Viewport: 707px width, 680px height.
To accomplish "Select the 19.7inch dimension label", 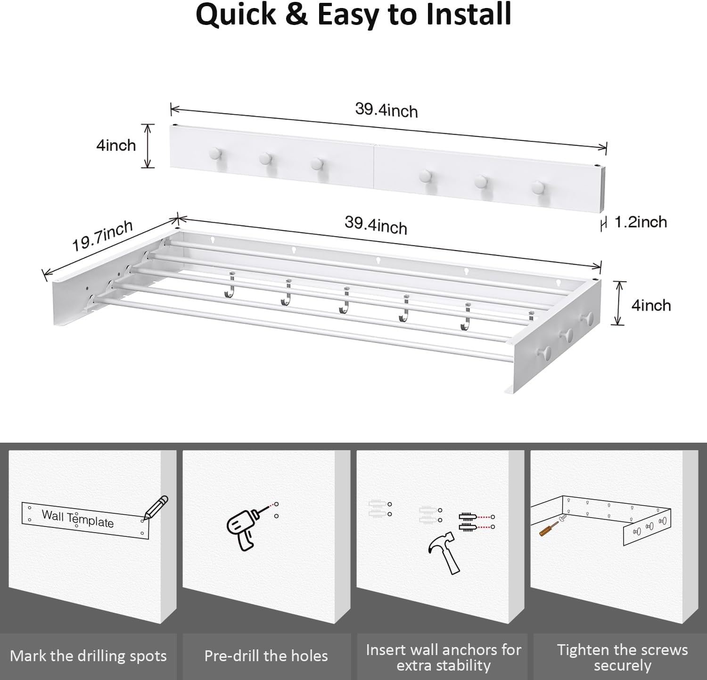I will pos(102,236).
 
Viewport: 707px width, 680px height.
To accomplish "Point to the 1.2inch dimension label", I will pos(641,222).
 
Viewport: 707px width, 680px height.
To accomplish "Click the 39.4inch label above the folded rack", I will pos(386,110).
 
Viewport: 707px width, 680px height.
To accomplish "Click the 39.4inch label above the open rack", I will pos(376,225).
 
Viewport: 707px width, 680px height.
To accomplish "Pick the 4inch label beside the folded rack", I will pos(116,145).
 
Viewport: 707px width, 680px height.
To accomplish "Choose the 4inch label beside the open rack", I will pos(651,305).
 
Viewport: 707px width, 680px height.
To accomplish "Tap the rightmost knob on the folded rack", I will pos(538,187).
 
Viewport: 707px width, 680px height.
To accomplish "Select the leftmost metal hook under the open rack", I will pos(229,287).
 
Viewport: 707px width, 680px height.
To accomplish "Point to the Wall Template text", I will pos(78,518).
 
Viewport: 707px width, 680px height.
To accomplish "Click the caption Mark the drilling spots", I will pos(88,656).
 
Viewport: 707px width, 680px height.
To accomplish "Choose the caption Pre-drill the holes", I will pos(266,656).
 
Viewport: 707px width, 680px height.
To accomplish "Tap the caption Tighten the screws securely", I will pos(622,657).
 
